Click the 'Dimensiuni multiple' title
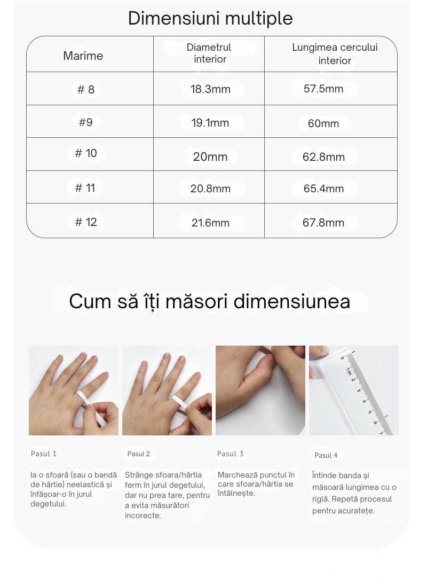click(210, 19)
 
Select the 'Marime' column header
click(83, 56)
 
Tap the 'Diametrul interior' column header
click(209, 53)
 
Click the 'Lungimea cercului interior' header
click(335, 54)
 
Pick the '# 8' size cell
click(86, 89)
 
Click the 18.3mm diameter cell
click(210, 89)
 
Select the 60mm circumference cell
click(323, 123)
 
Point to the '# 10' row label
click(86, 153)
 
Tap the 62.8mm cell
click(323, 157)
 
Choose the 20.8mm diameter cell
click(210, 189)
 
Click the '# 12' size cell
click(86, 222)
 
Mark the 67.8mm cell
click(323, 222)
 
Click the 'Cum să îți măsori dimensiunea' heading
click(210, 301)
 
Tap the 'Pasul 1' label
click(43, 454)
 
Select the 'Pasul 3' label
click(230, 454)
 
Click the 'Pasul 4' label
click(326, 455)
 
